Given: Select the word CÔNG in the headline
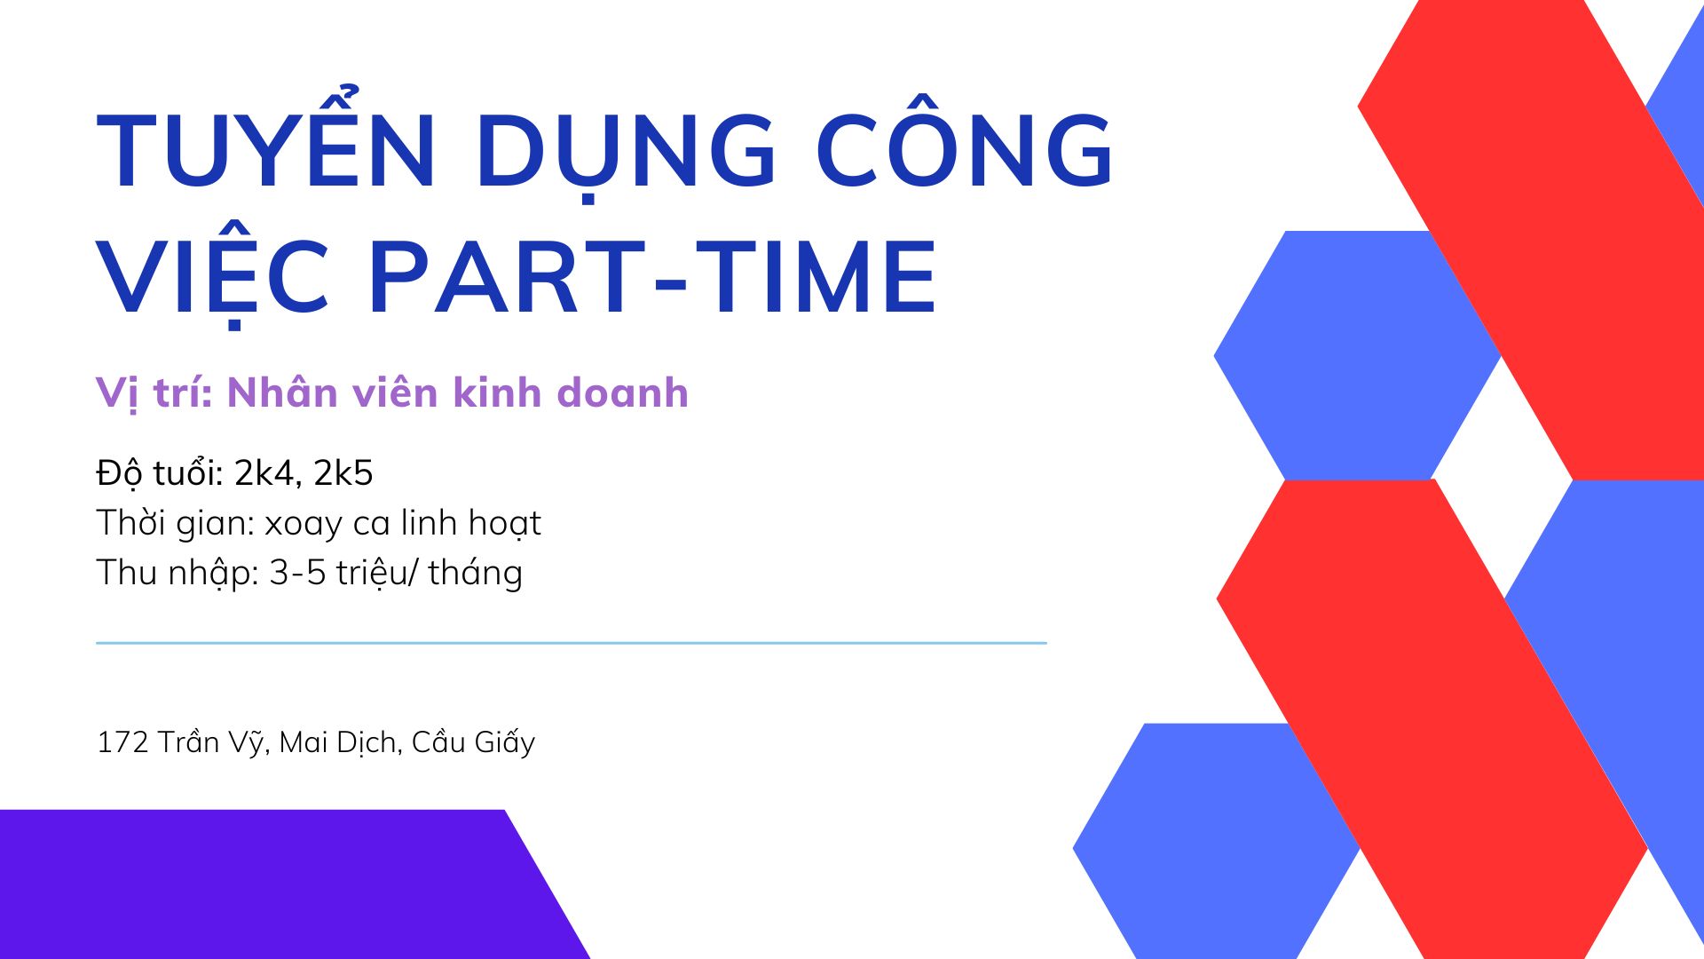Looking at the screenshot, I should point(965,151).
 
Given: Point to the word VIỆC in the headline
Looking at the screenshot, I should point(213,277).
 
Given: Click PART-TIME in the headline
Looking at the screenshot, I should point(652,277).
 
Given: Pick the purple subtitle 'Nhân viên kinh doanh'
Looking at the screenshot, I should point(458,392).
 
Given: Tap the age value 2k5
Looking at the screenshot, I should point(343,472).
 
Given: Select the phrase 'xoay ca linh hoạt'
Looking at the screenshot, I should point(403,523).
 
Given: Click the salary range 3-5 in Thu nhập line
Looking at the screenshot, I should point(297,573).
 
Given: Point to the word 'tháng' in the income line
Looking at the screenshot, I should point(475,574).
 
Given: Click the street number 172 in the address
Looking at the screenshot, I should point(122,741).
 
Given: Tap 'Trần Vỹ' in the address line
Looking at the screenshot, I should point(211,742).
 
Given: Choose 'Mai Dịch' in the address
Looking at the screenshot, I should point(338,742).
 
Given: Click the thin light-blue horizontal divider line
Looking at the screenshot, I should point(571,642).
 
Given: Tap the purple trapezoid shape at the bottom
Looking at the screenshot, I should point(266,884).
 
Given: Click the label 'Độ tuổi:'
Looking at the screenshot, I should point(160,472).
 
